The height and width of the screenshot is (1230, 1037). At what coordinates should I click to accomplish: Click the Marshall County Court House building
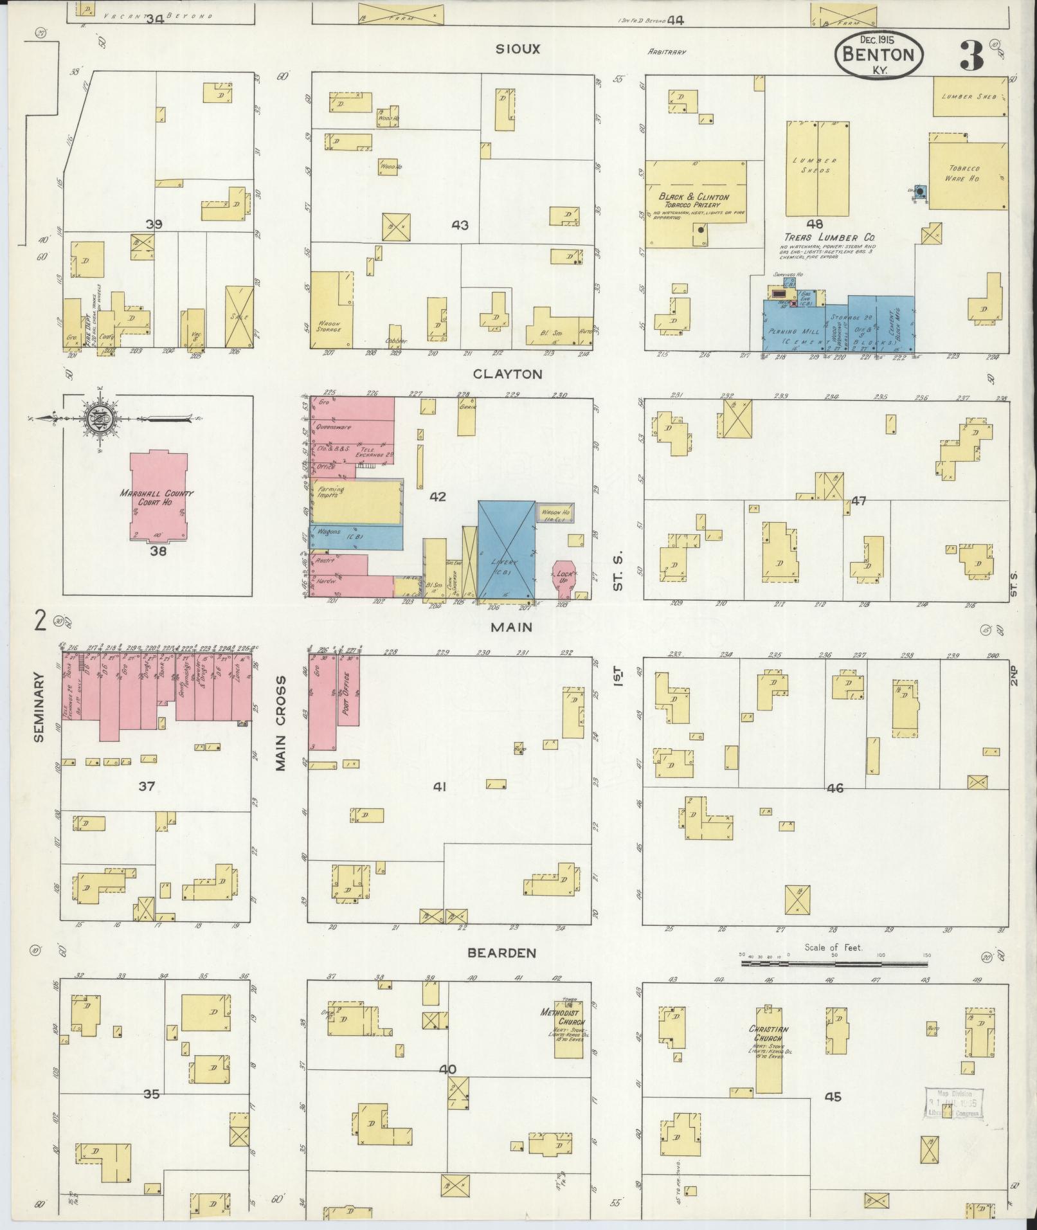pyautogui.click(x=158, y=496)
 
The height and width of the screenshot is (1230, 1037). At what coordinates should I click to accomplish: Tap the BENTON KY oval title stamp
pyautogui.click(x=879, y=56)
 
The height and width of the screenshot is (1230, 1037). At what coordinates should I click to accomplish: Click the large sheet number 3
pyautogui.click(x=971, y=57)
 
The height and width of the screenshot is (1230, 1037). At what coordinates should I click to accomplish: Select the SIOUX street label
pyautogui.click(x=517, y=49)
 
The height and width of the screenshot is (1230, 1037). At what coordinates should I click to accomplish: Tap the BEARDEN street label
pyautogui.click(x=501, y=953)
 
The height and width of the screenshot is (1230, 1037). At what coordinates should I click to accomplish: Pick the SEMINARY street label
pyautogui.click(x=39, y=707)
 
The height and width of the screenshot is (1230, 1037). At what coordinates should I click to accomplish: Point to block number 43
pyautogui.click(x=460, y=225)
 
